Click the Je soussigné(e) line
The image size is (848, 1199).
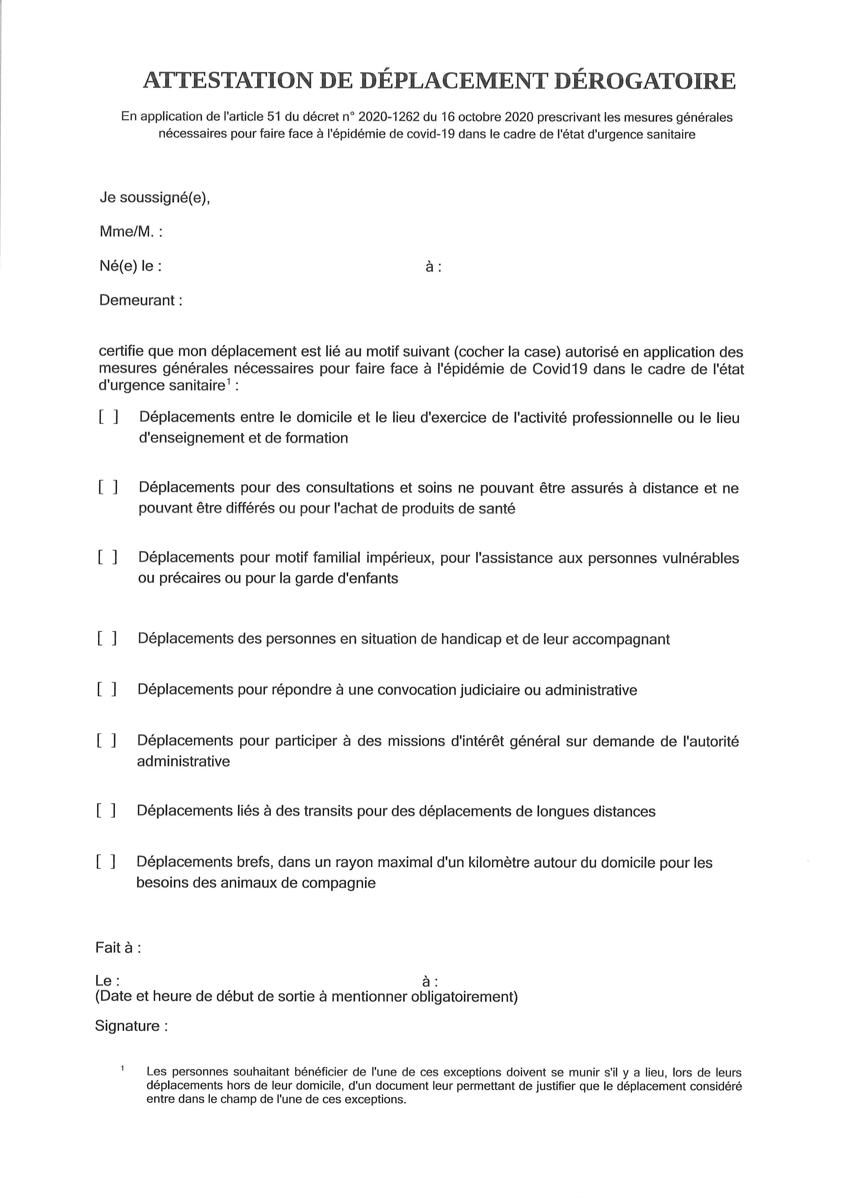tap(155, 198)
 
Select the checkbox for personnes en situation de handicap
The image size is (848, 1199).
tap(107, 638)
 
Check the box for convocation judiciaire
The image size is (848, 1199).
tap(107, 689)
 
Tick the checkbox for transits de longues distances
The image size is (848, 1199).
tap(106, 811)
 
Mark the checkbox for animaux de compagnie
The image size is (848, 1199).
tap(106, 862)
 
